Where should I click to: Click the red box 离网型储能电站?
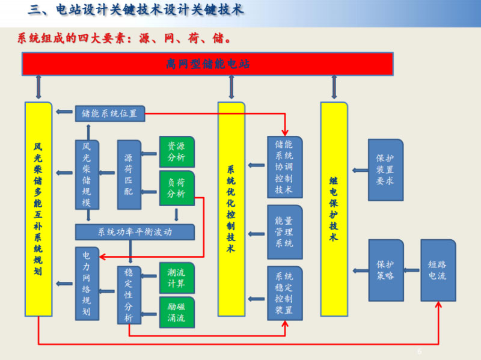pyautogui.click(x=207, y=64)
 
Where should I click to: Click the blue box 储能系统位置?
pyautogui.click(x=109, y=113)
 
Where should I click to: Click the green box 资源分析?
pyautogui.click(x=177, y=152)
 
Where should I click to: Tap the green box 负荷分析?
pyautogui.click(x=177, y=188)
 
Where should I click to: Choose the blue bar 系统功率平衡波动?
pyautogui.click(x=135, y=232)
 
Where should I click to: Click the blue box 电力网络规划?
pyautogui.click(x=87, y=283)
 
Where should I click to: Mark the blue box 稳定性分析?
pyautogui.click(x=129, y=294)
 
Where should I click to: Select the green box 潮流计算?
pyautogui.click(x=177, y=277)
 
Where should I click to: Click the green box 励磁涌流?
pyautogui.click(x=177, y=312)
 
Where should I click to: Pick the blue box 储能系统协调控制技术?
pyautogui.click(x=284, y=167)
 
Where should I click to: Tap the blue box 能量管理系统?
pyautogui.click(x=284, y=232)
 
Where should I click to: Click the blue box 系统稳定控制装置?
pyautogui.click(x=284, y=293)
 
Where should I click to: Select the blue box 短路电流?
pyautogui.click(x=438, y=270)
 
